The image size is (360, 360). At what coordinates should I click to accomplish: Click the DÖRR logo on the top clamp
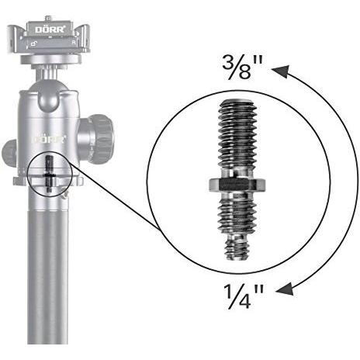(50, 29)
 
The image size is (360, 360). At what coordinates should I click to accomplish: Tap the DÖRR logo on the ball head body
(49, 139)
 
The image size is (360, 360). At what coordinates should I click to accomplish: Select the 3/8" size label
(242, 67)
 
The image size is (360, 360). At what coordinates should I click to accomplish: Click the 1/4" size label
(244, 296)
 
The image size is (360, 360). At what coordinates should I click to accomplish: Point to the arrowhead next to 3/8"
(281, 72)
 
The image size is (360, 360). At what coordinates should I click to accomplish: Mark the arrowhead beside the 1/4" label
(286, 289)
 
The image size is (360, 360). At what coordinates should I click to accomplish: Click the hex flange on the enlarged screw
(237, 185)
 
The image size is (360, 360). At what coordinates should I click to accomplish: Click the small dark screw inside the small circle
(49, 174)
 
